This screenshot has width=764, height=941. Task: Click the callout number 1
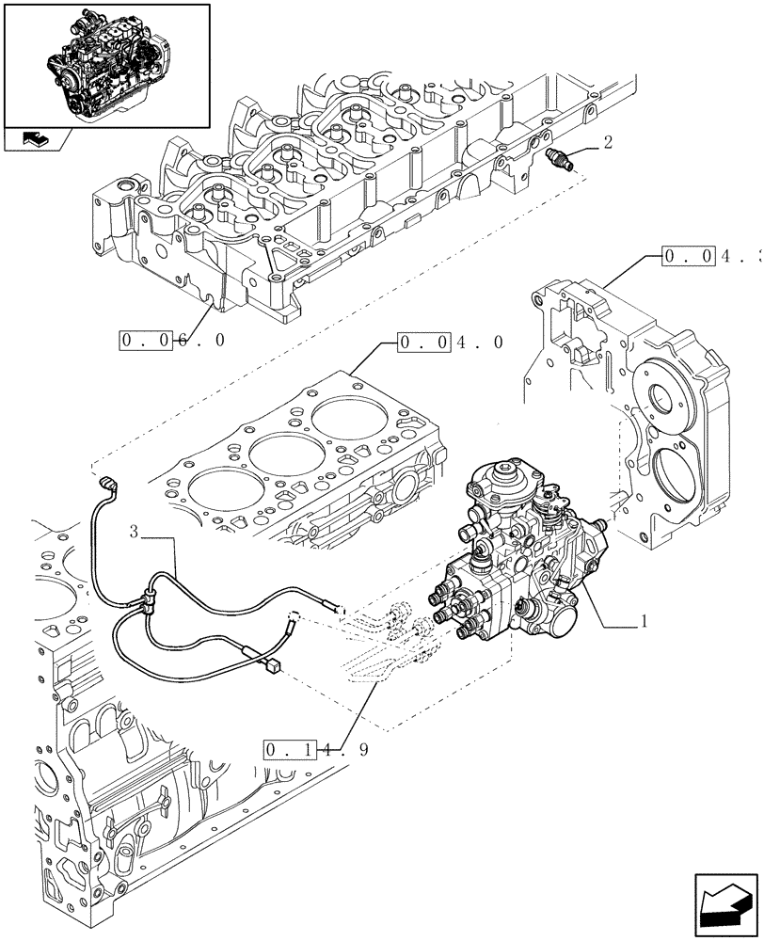coord(643,622)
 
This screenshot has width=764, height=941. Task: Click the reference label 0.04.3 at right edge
coord(711,255)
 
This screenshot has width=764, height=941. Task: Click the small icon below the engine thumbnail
coord(35,139)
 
